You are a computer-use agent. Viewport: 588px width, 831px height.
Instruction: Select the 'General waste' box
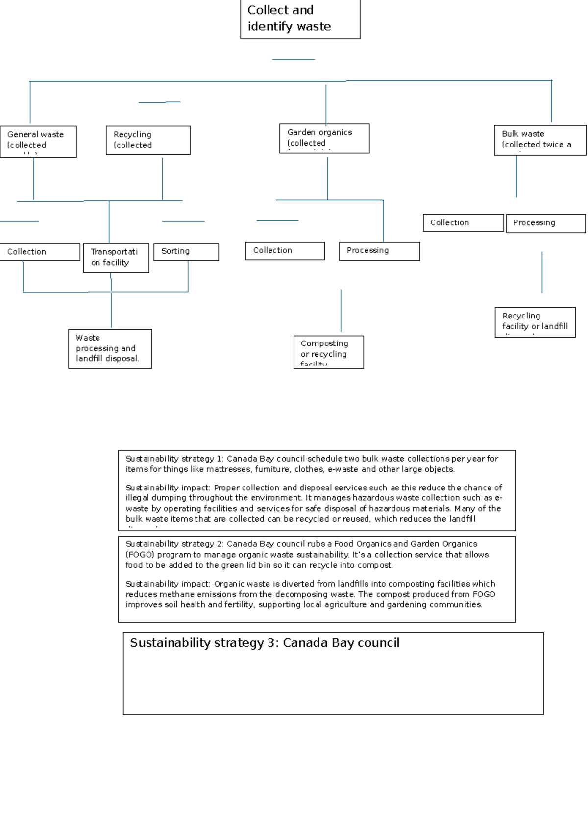tap(38, 141)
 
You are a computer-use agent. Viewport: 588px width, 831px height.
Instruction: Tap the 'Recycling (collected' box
tap(148, 140)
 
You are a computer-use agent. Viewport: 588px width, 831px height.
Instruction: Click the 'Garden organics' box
tap(324, 138)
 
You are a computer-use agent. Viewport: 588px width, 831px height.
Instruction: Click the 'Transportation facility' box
tap(116, 258)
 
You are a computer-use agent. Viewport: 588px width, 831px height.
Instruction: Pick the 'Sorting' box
tap(186, 251)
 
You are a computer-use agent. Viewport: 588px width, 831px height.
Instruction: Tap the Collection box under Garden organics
tap(285, 250)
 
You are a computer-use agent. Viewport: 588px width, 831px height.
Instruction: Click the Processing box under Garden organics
tap(379, 251)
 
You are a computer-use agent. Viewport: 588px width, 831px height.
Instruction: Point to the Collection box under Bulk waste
tap(463, 222)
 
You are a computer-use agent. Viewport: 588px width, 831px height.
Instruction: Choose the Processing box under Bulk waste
tap(545, 223)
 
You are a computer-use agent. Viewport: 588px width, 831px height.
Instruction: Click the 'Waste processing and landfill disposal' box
tap(110, 348)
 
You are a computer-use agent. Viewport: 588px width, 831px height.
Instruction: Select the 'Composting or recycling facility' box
tap(328, 352)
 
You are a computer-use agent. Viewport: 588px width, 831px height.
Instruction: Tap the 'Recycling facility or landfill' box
tap(535, 322)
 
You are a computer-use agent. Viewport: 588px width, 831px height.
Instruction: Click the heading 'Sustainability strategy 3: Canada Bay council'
tap(265, 643)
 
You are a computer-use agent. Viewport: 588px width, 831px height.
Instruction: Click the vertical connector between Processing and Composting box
tap(341, 310)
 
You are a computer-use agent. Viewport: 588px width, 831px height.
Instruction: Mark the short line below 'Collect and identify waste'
tap(293, 59)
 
